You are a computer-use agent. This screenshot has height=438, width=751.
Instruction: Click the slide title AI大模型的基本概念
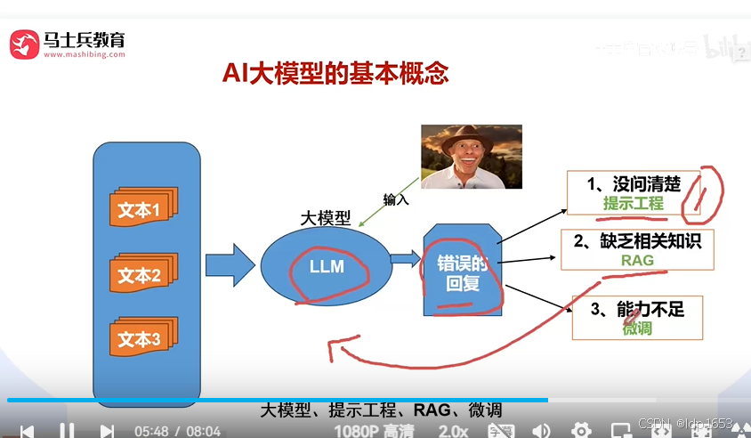point(335,73)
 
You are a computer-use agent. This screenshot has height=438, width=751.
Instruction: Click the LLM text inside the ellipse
point(326,265)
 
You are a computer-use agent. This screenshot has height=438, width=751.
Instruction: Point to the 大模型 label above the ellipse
point(325,219)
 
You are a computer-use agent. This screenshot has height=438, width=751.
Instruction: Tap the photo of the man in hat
point(470,157)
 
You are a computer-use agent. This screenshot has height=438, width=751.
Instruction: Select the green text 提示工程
point(634,204)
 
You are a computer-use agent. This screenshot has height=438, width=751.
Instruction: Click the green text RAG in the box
point(637,260)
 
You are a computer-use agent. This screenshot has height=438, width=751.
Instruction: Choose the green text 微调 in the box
point(637,328)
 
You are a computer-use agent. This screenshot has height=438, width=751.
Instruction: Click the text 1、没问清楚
point(634,184)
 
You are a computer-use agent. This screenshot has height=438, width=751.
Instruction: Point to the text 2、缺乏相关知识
point(637,240)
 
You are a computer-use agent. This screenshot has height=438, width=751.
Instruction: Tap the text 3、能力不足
point(637,309)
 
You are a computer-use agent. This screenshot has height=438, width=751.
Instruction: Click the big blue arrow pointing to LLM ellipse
point(230,264)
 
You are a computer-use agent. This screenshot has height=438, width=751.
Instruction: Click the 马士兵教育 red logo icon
point(24,43)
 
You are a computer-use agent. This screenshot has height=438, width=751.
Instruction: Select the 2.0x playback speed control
point(453,430)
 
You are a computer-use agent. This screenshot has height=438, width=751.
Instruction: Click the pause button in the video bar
point(67,431)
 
